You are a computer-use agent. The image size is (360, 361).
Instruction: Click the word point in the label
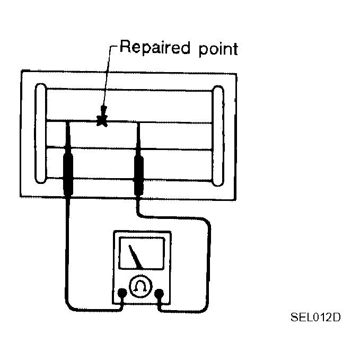pos(218,49)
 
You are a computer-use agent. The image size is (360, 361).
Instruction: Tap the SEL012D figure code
pos(315,317)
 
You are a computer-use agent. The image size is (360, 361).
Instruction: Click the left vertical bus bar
pos(41,133)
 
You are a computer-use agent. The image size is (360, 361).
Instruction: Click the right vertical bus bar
pos(218,136)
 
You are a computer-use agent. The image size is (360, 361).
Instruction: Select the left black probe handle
pos(68,175)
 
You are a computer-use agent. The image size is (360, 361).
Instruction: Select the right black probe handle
pos(139,175)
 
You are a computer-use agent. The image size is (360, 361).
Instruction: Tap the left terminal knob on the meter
pos(122,293)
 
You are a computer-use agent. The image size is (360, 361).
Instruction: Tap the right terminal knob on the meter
pos(159,293)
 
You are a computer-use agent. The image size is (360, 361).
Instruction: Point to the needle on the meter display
pos(135,257)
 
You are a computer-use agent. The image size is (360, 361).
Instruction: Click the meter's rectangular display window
pos(142,253)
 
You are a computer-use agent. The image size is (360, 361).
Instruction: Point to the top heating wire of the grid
pos(129,90)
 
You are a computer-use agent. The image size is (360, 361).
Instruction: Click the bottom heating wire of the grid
pos(129,179)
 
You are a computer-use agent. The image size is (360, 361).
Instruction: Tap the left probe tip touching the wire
pos(67,122)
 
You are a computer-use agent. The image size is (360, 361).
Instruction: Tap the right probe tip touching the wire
pos(138,124)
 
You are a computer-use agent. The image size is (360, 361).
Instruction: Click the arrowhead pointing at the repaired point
pos(103,111)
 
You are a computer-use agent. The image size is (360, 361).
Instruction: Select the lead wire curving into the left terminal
pos(67,265)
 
